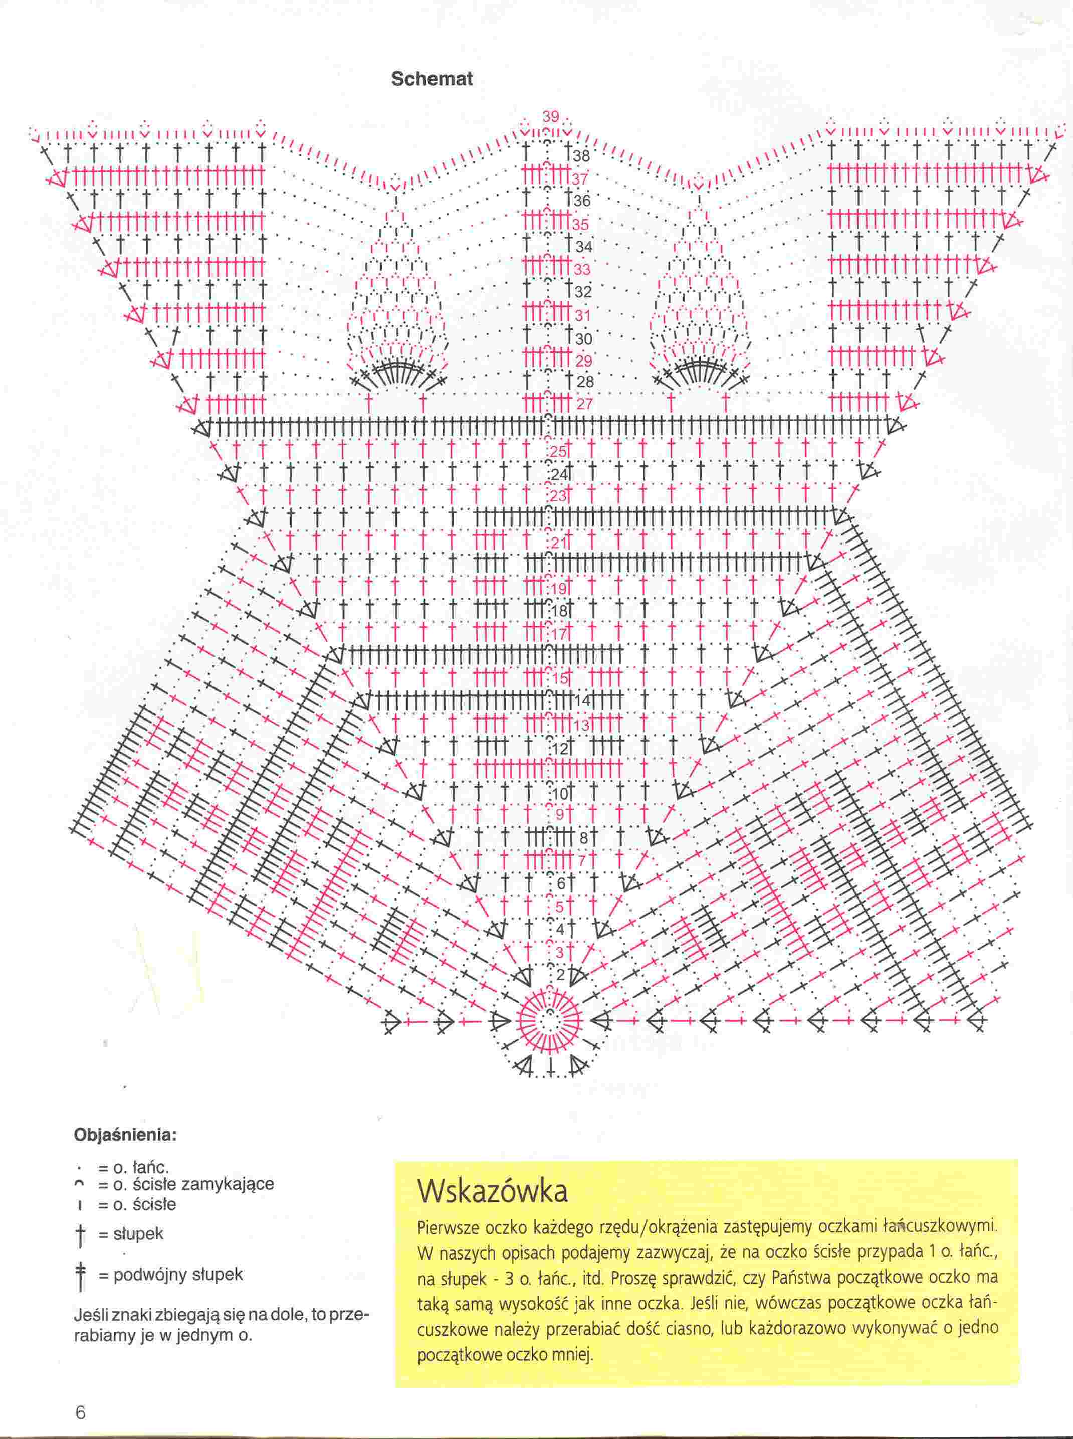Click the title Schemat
[432, 79]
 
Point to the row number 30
[583, 339]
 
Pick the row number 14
[583, 701]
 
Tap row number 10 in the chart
[560, 794]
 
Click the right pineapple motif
[699, 299]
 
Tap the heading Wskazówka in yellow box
[493, 1191]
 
